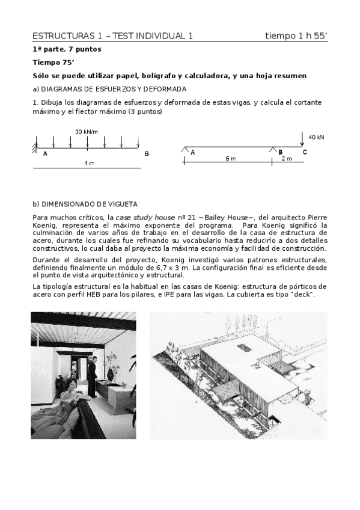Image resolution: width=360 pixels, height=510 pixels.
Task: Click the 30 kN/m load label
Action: pos(87,132)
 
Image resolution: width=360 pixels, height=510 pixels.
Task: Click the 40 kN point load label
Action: pos(316,137)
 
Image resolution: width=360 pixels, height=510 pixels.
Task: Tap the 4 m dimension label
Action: pos(88,164)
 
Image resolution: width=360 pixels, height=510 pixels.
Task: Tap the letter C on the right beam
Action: pos(305,152)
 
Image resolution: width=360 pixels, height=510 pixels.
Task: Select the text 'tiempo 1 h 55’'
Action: pos(296,36)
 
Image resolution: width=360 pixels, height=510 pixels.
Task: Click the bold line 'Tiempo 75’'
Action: pos(52,62)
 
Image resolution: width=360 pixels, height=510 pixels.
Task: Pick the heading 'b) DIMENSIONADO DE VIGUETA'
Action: pos(85,204)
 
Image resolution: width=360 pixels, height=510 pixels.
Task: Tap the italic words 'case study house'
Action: pos(140,217)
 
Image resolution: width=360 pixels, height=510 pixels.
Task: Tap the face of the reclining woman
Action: pos(61,380)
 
